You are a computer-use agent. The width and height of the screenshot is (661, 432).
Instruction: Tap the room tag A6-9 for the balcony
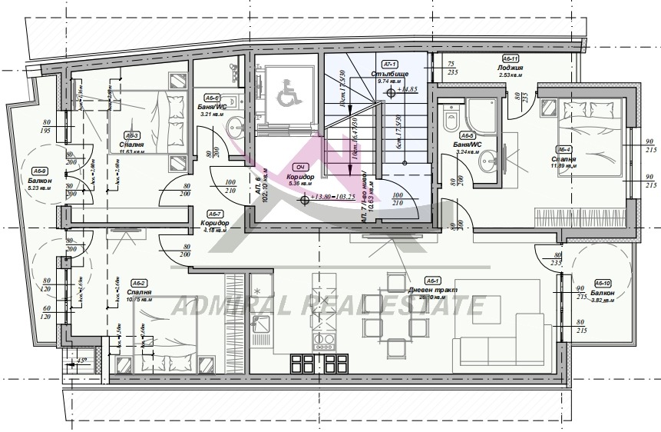click(x=40, y=171)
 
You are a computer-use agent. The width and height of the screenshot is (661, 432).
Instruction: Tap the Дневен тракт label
click(x=434, y=290)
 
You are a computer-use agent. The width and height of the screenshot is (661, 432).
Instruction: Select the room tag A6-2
click(x=139, y=283)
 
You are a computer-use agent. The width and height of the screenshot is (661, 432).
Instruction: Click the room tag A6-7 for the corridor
click(x=216, y=213)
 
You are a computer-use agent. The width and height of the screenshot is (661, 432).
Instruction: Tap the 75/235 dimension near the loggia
click(x=452, y=68)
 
